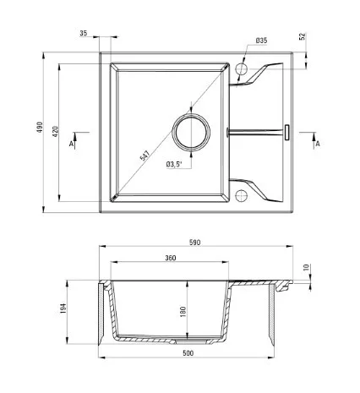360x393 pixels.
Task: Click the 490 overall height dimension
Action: (x=40, y=128)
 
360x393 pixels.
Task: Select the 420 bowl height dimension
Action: (x=56, y=132)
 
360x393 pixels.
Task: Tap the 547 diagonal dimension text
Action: (x=145, y=156)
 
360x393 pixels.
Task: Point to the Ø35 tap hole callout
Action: (x=261, y=41)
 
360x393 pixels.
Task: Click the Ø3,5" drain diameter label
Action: (x=174, y=164)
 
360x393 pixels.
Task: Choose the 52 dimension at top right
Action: (x=303, y=36)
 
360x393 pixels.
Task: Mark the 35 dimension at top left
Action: (x=84, y=33)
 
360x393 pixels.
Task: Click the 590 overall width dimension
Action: (x=195, y=243)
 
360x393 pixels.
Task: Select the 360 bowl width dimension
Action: (x=171, y=258)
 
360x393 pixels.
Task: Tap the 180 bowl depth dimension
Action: (x=183, y=312)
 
